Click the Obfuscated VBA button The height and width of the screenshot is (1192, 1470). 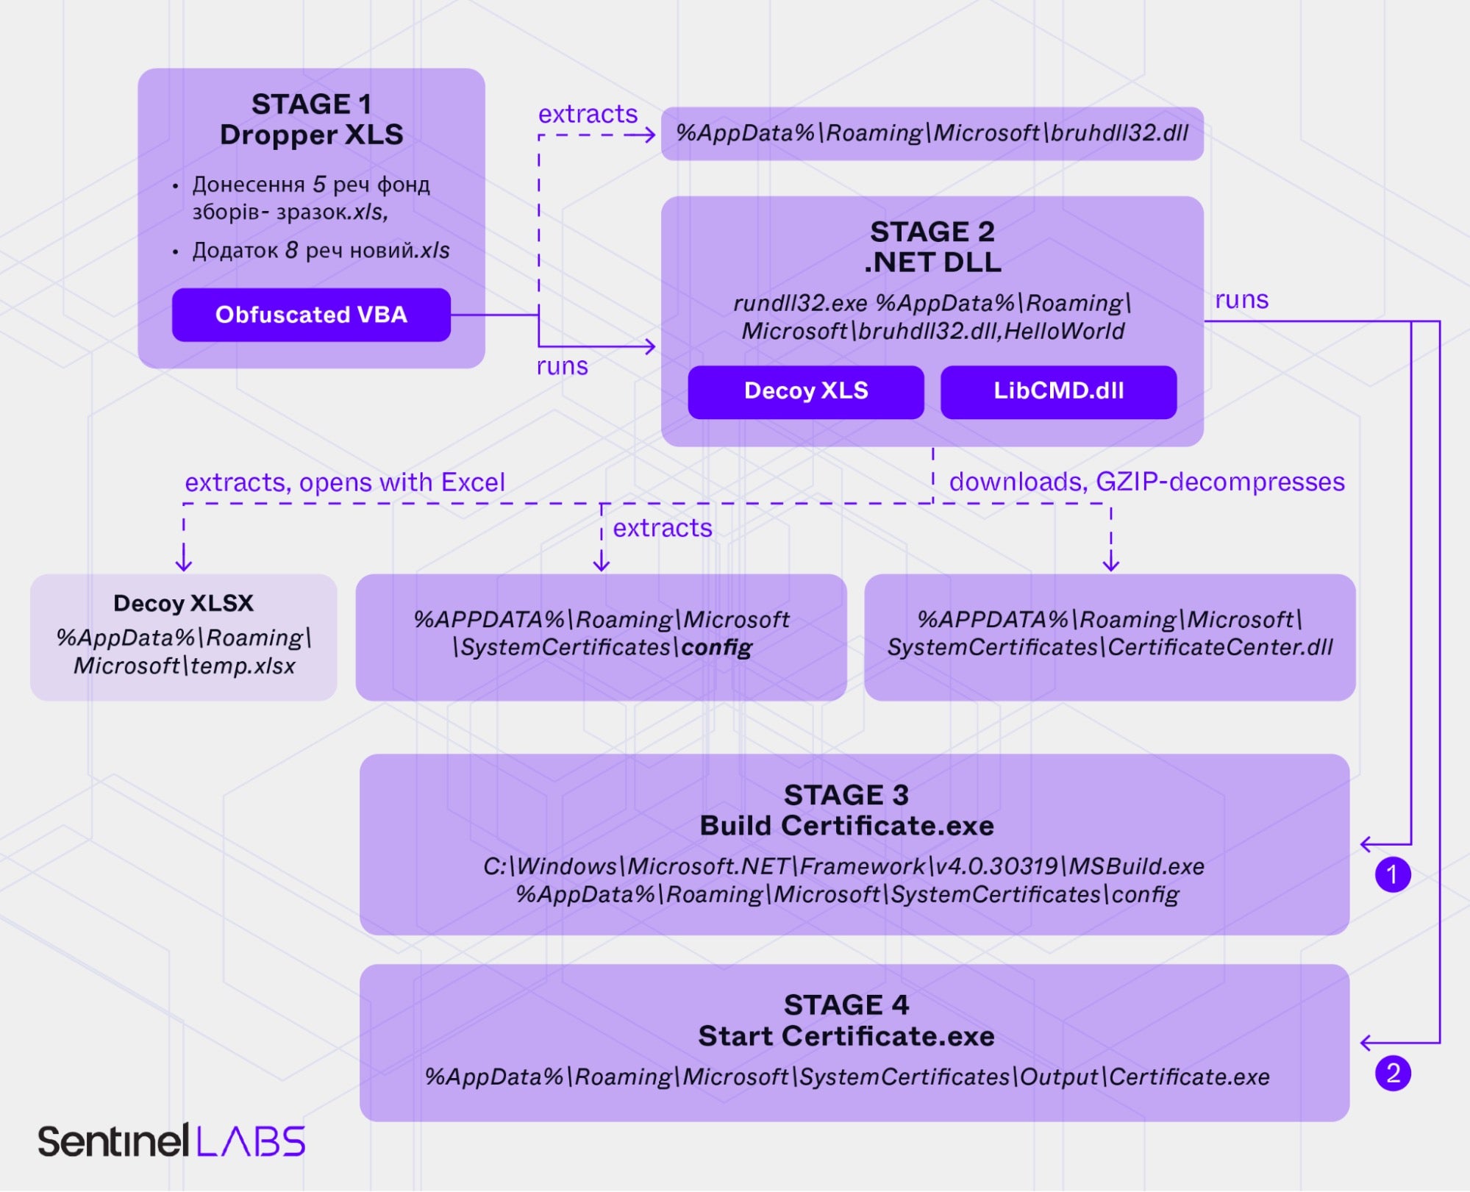coord(311,315)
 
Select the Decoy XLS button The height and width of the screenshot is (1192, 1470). coord(806,391)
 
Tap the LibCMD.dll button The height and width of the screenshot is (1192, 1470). coord(1058,391)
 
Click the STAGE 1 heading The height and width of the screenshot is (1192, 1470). coord(311,104)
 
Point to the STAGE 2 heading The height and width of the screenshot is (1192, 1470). coord(932,232)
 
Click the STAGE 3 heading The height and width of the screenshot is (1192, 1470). coord(846,796)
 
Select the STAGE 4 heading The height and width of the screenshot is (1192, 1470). coord(846,1005)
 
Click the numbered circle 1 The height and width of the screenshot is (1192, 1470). coord(1393,875)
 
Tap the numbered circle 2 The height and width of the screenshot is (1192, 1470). coord(1393,1074)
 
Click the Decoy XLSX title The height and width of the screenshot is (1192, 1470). coord(183,604)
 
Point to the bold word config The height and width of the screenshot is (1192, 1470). coord(716,648)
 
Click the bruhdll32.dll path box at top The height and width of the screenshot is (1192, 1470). coord(932,134)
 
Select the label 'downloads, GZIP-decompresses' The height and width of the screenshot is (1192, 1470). coord(1146,482)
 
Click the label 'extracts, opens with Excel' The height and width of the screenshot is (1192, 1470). coord(344,483)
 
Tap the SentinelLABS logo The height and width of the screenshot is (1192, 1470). coord(171,1142)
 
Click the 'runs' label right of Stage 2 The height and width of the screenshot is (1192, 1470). coord(1241,300)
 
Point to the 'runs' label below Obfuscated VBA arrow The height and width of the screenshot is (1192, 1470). coord(562,366)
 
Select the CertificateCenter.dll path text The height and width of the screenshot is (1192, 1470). coord(1220,648)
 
